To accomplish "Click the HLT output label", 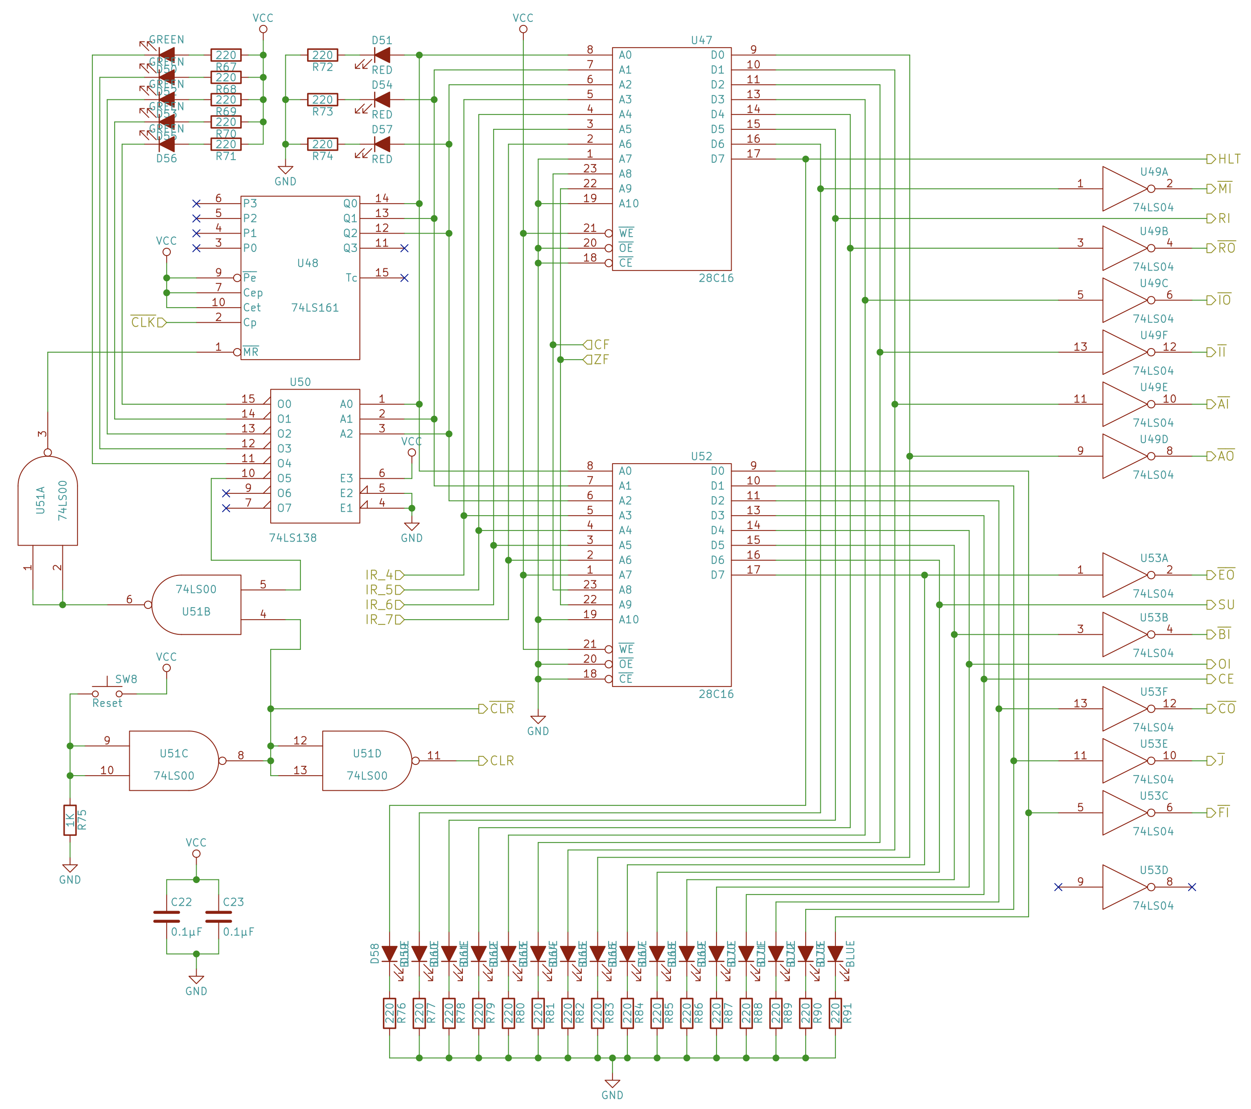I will click(1228, 159).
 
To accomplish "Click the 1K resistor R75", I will click(70, 820).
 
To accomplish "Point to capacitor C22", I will click(166, 916).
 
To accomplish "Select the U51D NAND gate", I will click(366, 761).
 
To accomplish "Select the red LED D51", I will click(383, 55).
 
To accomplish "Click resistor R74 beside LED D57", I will click(322, 144).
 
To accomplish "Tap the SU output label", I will click(1225, 605).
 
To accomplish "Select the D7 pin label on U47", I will click(717, 159).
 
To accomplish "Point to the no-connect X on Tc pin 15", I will click(404, 278).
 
